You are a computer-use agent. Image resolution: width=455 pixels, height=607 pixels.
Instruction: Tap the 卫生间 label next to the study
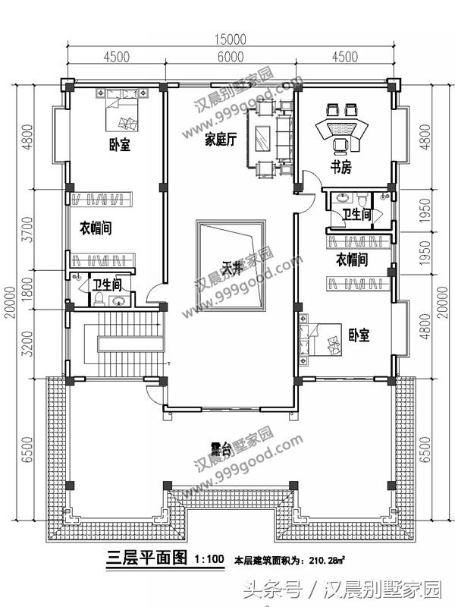tap(356, 215)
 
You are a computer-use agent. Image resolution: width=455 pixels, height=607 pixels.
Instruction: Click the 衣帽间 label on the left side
tap(96, 228)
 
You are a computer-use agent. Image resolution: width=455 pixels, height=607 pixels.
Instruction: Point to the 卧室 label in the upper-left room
tap(119, 145)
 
